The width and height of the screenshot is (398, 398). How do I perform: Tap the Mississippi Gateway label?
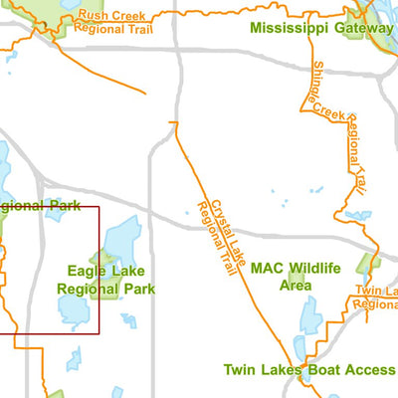click(x=320, y=28)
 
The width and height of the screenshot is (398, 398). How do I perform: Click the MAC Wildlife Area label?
click(x=296, y=276)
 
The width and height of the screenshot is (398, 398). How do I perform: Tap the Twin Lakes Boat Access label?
click(x=307, y=369)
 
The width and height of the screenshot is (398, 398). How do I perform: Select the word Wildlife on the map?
click(x=312, y=268)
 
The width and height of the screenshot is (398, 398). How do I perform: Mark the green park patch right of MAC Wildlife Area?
click(x=370, y=267)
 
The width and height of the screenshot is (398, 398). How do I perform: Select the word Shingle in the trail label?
click(x=319, y=86)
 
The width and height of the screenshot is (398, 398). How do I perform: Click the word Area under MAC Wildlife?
click(x=296, y=285)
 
